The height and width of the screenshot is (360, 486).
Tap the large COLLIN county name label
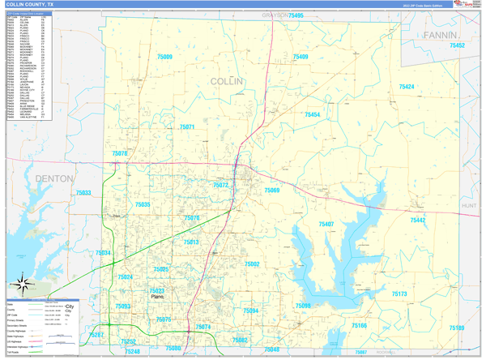226,81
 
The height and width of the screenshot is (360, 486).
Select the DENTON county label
54,178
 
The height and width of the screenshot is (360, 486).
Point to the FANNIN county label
441,36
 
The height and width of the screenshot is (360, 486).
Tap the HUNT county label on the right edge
470,207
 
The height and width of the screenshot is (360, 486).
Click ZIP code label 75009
164,57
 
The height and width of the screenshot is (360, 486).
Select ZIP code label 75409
300,57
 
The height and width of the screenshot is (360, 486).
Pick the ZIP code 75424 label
406,87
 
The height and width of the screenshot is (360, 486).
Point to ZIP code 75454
312,115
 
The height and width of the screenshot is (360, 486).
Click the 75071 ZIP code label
187,127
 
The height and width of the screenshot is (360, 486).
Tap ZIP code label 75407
326,224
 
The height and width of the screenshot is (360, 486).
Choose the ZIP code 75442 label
417,221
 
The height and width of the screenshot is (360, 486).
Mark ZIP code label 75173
399,294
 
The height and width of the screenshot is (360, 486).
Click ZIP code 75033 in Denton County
83,193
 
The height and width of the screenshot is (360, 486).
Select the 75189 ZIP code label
456,328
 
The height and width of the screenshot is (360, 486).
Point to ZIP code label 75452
458,45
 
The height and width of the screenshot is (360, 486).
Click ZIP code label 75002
252,264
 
